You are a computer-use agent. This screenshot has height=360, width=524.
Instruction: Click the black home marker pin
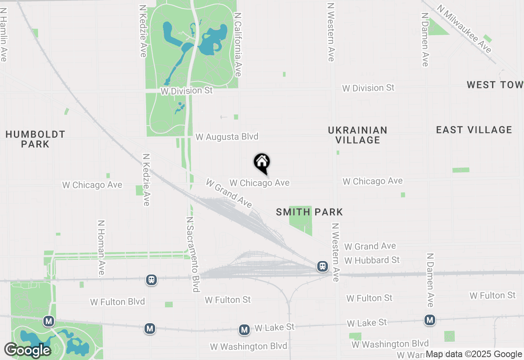tap(262, 163)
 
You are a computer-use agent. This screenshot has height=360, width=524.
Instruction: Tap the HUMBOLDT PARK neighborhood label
tap(35, 139)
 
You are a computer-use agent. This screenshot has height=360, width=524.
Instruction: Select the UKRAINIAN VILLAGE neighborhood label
tap(357, 135)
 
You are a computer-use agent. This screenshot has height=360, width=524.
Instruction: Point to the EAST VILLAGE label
tap(474, 130)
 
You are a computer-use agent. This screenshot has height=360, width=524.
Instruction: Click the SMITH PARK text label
tap(309, 212)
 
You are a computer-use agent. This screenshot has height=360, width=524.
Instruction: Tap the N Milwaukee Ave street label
tap(464, 29)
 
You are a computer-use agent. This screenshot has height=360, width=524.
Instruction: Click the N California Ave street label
tap(237, 44)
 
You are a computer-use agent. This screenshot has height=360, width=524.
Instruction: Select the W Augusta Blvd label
tap(227, 137)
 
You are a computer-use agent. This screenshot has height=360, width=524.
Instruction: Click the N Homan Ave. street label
tap(101, 248)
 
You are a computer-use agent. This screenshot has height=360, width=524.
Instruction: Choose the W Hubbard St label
tap(372, 260)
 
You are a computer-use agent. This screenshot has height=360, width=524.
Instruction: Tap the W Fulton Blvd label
tap(117, 302)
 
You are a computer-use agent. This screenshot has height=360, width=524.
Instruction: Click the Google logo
tap(27, 350)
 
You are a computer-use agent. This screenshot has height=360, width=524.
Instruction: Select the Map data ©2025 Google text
tap(474, 354)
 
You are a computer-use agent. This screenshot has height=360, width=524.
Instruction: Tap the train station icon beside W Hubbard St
tap(323, 267)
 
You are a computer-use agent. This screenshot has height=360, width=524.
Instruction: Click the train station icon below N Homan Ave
tap(151, 280)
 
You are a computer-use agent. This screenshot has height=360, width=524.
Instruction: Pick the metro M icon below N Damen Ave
tap(429, 320)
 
